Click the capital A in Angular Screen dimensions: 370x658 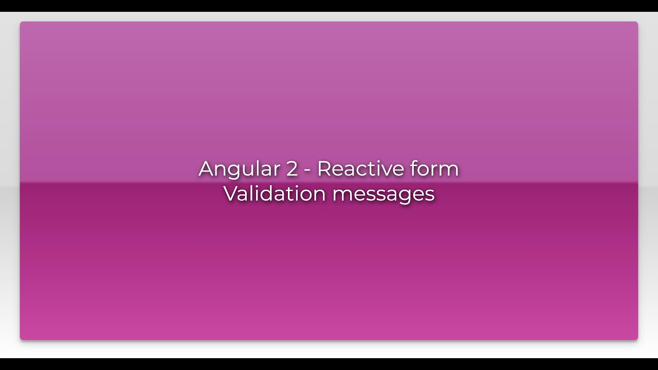[206, 169]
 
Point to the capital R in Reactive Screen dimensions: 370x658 [324, 169]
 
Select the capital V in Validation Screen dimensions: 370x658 [230, 194]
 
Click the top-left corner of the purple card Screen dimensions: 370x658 [22, 23]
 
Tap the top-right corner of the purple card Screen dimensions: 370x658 [636, 23]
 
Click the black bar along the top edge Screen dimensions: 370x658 [329, 5]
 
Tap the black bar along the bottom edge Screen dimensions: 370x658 [329, 364]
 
